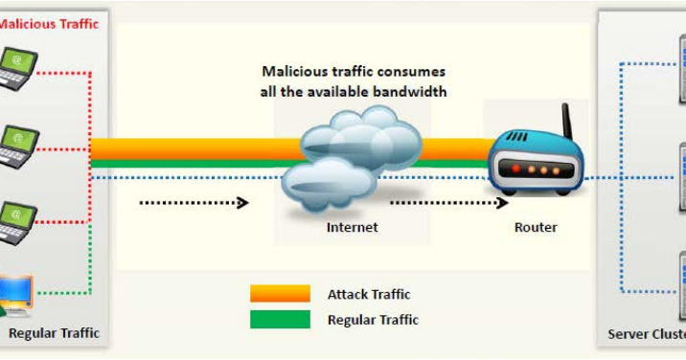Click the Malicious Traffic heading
tap(49, 24)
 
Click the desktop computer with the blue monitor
tap(16, 295)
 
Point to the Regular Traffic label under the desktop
tap(54, 333)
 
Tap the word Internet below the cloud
tap(352, 228)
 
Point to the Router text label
tap(536, 228)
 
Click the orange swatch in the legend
tap(280, 294)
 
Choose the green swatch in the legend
tap(280, 320)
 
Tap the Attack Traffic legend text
tap(369, 295)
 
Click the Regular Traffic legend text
tap(373, 320)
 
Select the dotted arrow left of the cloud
tap(194, 202)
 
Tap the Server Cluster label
tap(646, 334)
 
